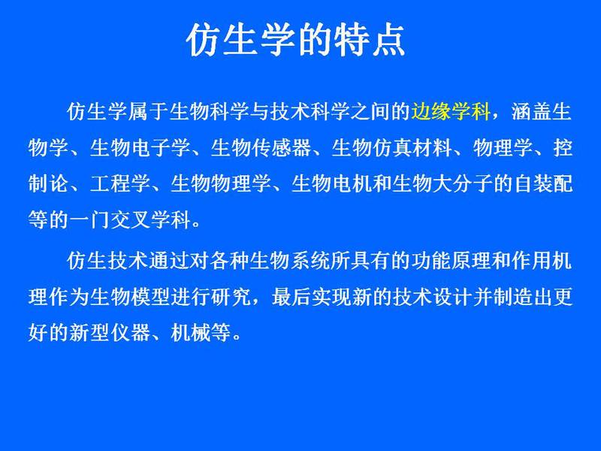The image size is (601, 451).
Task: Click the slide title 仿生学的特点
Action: click(295, 41)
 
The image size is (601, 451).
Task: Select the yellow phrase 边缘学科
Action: click(451, 111)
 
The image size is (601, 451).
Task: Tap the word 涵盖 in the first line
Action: click(530, 111)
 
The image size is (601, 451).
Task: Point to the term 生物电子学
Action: click(140, 148)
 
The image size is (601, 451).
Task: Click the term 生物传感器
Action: click(261, 148)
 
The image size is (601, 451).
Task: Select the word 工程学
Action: click(120, 183)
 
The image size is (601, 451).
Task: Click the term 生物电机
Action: click(331, 183)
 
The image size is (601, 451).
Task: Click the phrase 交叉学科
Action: click(150, 219)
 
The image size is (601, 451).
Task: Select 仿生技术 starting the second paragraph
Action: click(107, 260)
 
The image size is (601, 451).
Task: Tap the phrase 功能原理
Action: click(451, 260)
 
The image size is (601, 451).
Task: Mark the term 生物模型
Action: click(130, 296)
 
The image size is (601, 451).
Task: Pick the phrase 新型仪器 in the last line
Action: click(110, 332)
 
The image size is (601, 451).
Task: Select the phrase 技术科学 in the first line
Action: click(310, 111)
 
